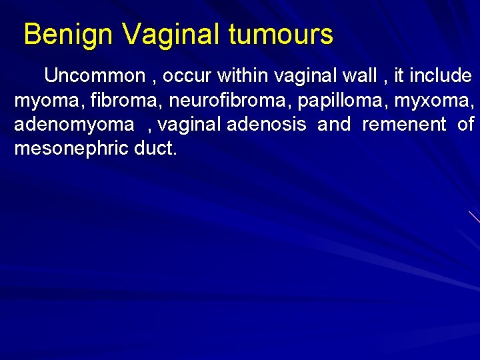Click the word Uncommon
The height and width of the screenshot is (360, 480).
[x=95, y=76]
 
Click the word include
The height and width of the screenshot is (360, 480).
[x=441, y=76]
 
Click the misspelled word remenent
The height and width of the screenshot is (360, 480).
[x=404, y=124]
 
